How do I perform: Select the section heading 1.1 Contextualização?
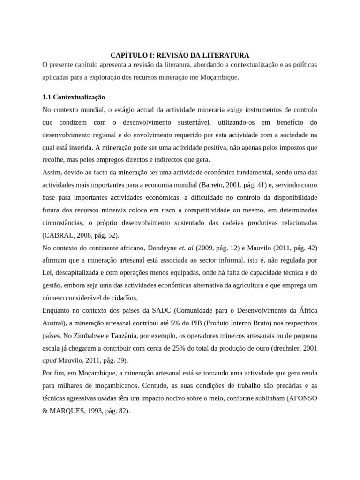[x=74, y=97]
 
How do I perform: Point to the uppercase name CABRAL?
[x=58, y=235]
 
